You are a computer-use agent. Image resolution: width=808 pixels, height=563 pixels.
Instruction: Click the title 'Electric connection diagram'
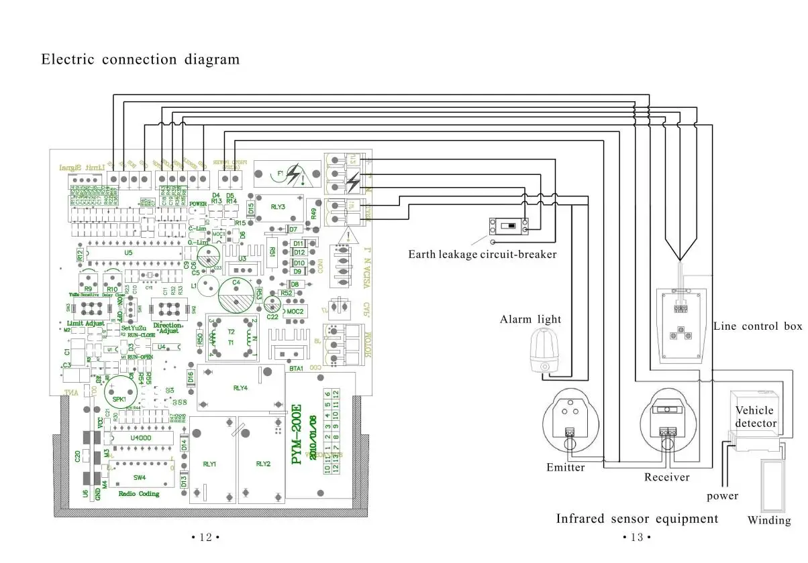[x=140, y=59]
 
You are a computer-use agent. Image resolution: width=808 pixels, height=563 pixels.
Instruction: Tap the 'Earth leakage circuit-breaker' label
[x=482, y=255]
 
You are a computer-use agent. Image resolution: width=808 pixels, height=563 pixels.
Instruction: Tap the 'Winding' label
[x=769, y=521]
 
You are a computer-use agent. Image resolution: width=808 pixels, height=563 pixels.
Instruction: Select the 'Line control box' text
[x=757, y=326]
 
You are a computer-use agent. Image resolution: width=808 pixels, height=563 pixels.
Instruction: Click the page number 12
[x=205, y=537]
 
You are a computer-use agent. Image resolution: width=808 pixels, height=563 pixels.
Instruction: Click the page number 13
[x=637, y=537]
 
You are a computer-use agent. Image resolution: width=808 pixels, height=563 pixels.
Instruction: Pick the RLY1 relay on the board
[x=209, y=463]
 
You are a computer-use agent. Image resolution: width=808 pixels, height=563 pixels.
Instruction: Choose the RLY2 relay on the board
[x=263, y=463]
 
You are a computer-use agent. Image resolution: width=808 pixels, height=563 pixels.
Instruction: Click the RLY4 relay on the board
[x=240, y=387]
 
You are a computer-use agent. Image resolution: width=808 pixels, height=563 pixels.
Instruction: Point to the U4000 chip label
[x=142, y=438]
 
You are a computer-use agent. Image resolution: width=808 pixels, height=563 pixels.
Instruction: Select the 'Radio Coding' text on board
[x=139, y=494]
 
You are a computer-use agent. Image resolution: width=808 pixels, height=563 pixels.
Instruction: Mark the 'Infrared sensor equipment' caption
[x=637, y=519]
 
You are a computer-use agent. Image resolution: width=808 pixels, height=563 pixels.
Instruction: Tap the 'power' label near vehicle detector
[x=722, y=497]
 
